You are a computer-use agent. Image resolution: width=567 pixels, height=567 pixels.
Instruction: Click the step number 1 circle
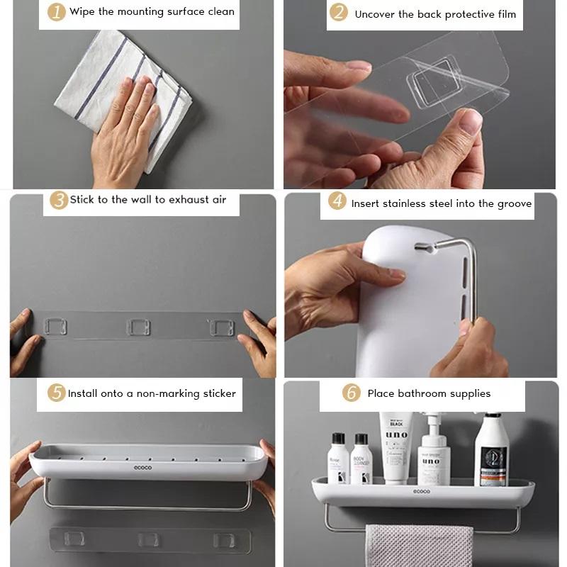click(57, 12)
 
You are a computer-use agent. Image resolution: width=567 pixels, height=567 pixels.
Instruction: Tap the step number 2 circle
click(339, 13)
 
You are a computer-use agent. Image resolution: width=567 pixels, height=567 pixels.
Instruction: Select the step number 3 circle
click(58, 200)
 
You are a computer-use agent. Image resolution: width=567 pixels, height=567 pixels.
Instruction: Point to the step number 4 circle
click(337, 202)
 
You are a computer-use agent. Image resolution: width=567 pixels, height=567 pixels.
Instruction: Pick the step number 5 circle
click(57, 393)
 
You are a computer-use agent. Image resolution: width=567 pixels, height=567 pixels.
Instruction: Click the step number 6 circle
click(352, 393)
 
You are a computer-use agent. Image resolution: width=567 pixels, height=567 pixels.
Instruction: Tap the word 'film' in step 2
click(504, 14)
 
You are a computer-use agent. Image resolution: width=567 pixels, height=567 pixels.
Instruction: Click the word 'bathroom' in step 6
click(424, 393)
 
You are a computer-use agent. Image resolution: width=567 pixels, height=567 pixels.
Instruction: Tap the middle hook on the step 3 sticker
click(138, 327)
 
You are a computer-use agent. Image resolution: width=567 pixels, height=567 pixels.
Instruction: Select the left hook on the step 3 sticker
click(56, 327)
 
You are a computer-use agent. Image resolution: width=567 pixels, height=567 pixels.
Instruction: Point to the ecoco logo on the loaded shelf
click(422, 490)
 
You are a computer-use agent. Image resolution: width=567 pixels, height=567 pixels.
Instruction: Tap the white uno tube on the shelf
click(395, 447)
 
